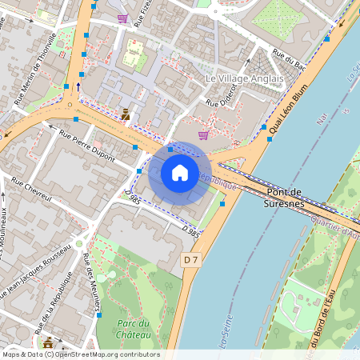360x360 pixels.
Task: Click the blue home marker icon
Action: coord(180,172)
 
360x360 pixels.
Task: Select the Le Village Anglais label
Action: coord(245,79)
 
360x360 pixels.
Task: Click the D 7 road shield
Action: coord(190,260)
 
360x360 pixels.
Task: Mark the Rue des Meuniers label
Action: coord(92,285)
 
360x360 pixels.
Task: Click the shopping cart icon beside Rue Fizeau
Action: coord(122,18)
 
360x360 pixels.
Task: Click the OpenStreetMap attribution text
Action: coord(80,354)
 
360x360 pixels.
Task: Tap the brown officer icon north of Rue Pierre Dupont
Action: coord(126,114)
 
